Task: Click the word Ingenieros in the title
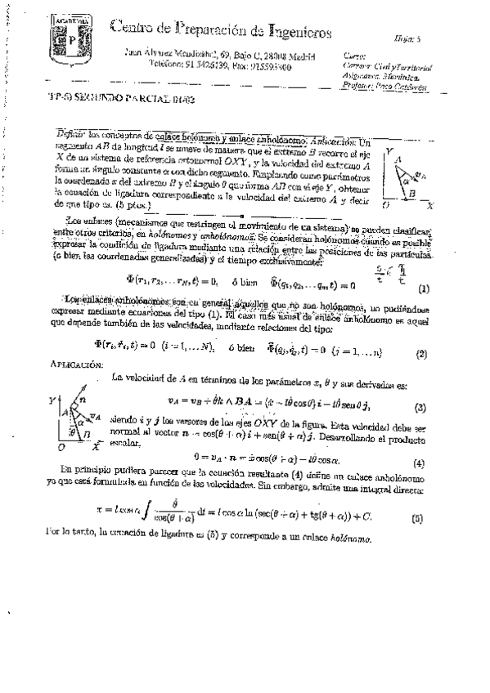[x=291, y=32]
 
